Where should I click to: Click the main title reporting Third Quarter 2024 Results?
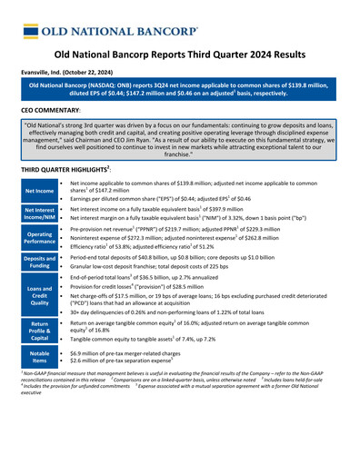click(x=180, y=54)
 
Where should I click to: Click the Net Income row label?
click(x=39, y=191)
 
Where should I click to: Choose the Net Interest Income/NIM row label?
click(x=39, y=214)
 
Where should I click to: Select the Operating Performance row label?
click(x=39, y=240)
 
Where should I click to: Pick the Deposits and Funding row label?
click(x=39, y=264)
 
